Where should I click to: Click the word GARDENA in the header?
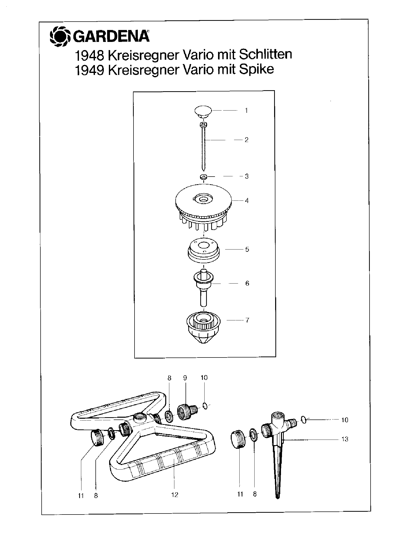tap(111, 37)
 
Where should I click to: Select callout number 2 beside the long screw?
tap(246, 139)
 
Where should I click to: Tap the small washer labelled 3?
tap(203, 177)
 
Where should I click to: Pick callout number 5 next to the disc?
tap(247, 249)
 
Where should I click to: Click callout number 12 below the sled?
tap(175, 494)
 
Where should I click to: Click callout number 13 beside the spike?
tap(345, 439)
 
